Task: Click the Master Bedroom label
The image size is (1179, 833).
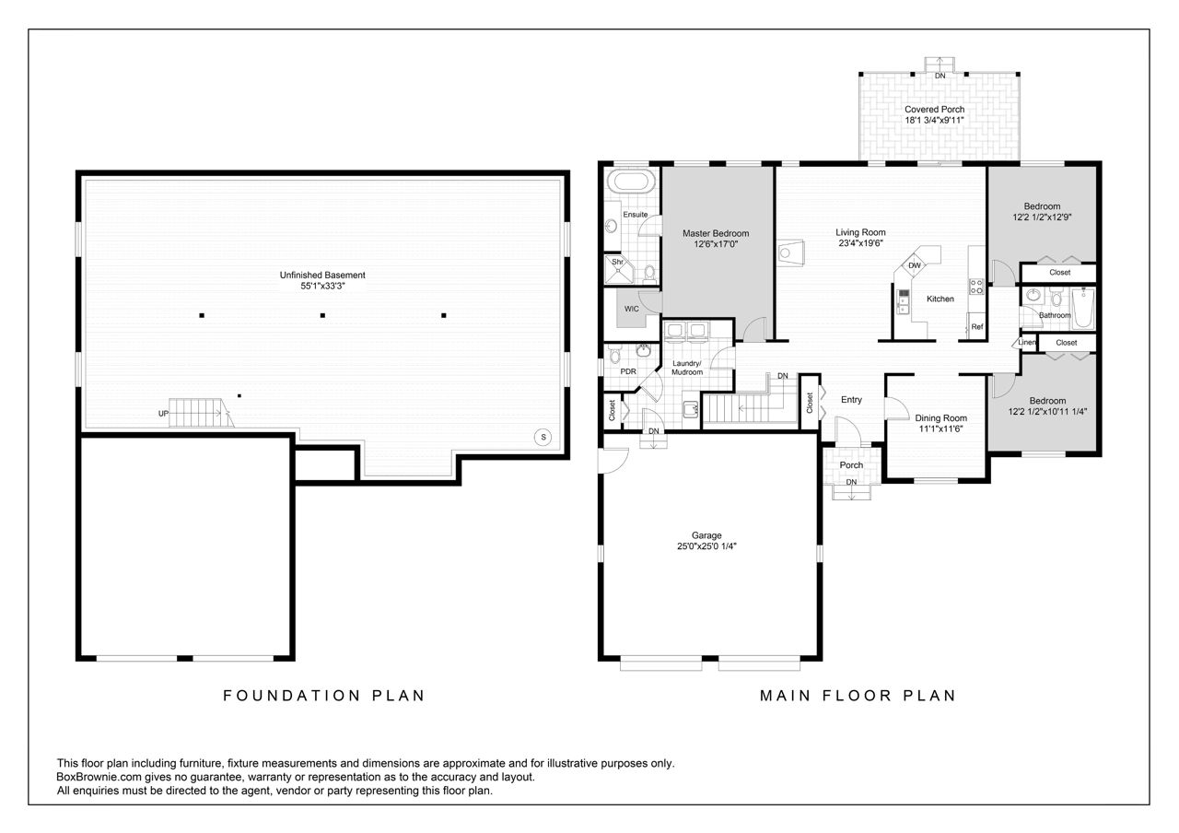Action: (716, 233)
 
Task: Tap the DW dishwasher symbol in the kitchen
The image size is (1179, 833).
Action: (915, 265)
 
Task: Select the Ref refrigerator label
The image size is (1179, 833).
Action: (977, 327)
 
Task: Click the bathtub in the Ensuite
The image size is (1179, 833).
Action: (631, 182)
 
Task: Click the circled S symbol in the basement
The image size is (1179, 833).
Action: (543, 437)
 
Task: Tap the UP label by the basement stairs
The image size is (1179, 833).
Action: (163, 414)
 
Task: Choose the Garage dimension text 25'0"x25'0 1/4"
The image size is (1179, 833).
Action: (706, 546)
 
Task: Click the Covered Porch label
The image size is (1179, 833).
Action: (934, 110)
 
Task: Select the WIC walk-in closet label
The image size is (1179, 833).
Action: (632, 309)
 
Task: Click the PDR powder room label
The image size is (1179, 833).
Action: (628, 371)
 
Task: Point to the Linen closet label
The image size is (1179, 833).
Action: (1027, 342)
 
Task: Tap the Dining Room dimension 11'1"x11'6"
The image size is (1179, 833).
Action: (940, 428)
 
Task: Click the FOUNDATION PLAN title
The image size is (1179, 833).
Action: (323, 696)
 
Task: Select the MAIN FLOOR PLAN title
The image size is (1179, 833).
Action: (858, 696)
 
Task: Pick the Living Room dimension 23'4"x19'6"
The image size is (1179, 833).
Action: (860, 243)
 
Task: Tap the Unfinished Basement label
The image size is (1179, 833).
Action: (322, 275)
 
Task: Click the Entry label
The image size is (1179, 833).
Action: (851, 400)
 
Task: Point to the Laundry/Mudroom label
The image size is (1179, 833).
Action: (687, 368)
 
